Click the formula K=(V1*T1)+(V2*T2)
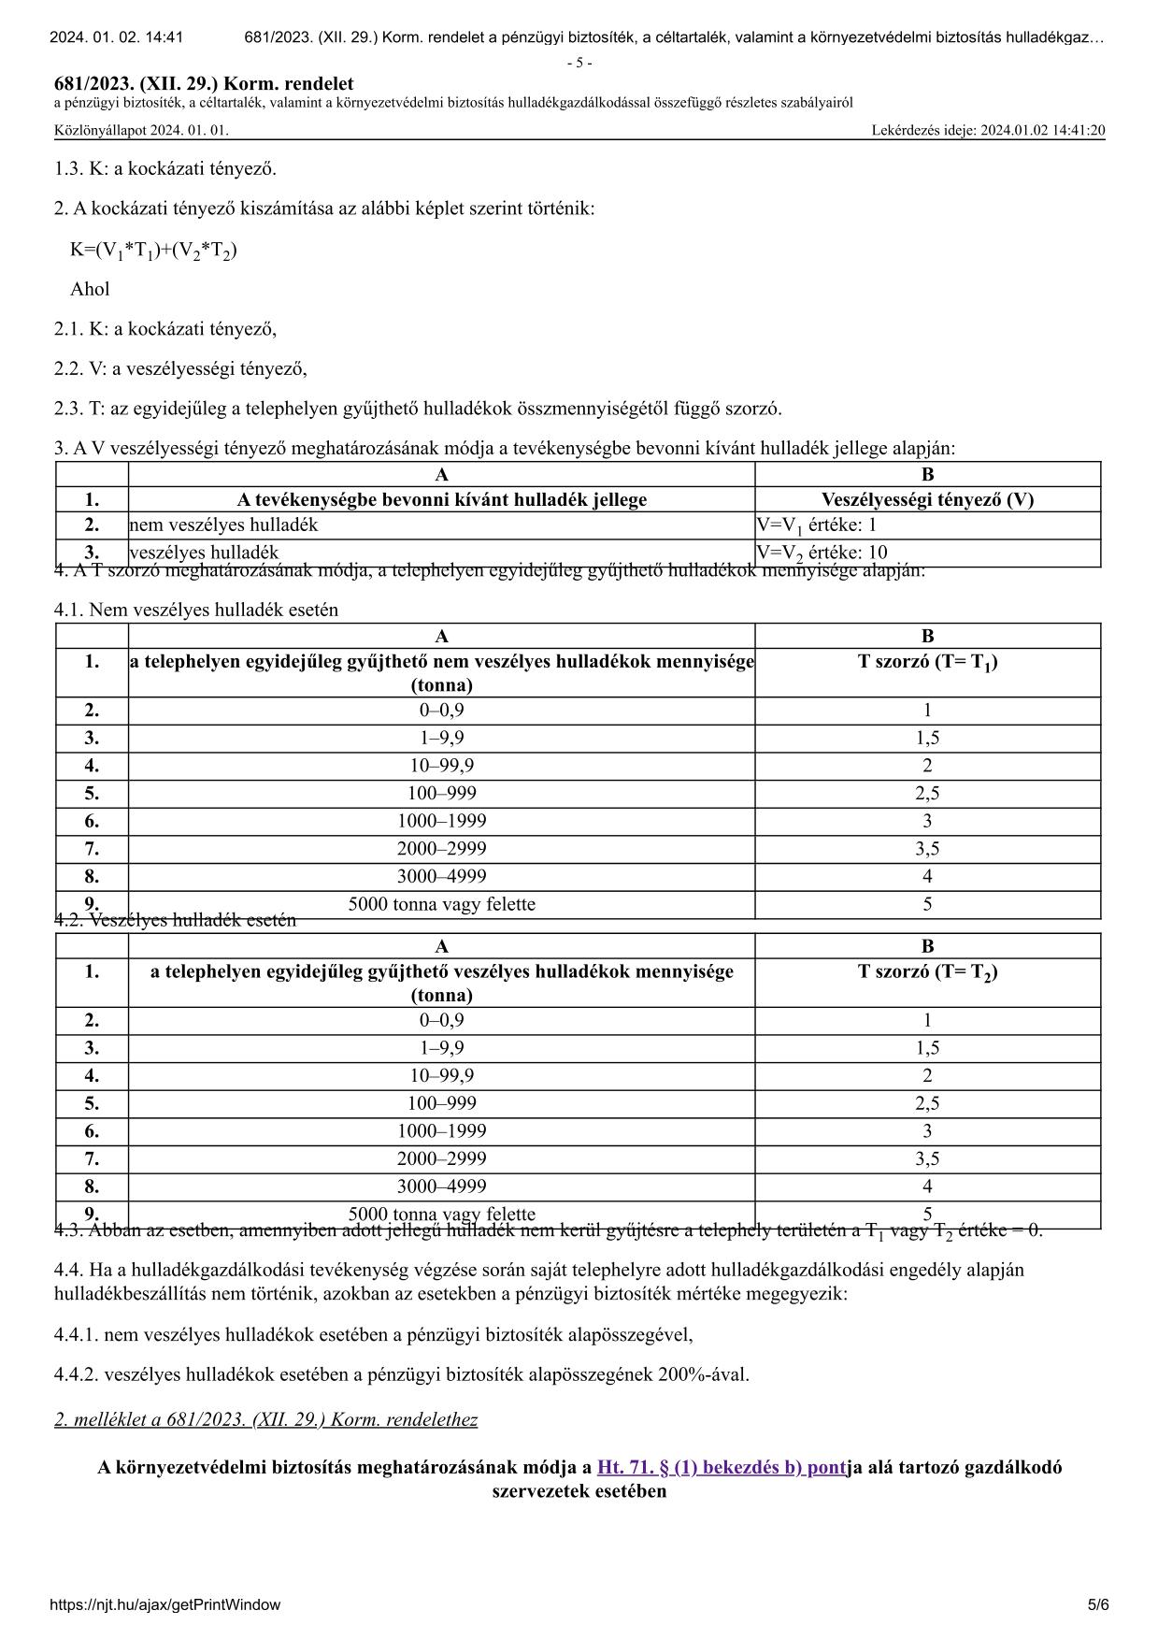click(x=153, y=250)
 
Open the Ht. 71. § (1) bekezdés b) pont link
click(x=721, y=1466)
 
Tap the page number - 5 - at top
click(x=579, y=63)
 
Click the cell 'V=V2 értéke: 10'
click(x=822, y=553)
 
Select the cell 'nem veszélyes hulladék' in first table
click(x=223, y=525)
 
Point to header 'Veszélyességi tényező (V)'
click(x=927, y=499)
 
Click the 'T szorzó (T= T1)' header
click(x=927, y=662)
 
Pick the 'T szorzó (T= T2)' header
click(x=927, y=972)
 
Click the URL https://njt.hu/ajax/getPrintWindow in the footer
click(x=164, y=1604)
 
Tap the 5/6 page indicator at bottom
click(x=1098, y=1604)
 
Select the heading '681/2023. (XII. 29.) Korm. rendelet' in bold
click(x=204, y=84)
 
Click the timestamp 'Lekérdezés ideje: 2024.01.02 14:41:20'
click(x=988, y=130)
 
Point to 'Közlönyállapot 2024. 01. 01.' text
click(x=141, y=130)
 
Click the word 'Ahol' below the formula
click(x=90, y=289)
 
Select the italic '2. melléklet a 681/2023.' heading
click(x=265, y=1419)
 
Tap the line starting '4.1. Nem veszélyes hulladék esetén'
click(x=196, y=610)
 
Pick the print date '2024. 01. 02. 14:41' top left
click(x=116, y=37)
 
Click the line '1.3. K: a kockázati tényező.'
click(x=165, y=169)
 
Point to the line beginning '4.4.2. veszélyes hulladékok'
click(x=402, y=1374)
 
